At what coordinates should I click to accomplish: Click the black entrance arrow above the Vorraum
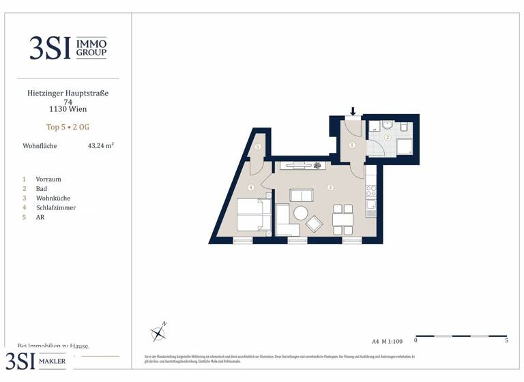pos(353,111)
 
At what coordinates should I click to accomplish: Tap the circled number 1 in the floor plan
pos(352,145)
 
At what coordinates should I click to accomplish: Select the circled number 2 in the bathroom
pos(387,138)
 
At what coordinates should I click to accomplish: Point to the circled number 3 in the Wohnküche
pos(330,187)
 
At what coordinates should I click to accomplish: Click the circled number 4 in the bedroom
pos(251,188)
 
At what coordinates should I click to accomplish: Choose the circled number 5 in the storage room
pos(257,147)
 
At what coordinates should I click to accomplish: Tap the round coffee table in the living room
pos(301,214)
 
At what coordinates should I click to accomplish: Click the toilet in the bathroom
pos(403,128)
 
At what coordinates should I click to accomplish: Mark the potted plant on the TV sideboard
pos(317,165)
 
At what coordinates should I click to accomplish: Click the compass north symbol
pos(159,332)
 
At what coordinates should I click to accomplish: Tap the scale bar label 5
pos(506,340)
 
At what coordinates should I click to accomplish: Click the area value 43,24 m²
pos(100,146)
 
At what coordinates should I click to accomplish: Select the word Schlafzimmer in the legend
pos(56,207)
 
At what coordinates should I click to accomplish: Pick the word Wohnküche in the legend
pos(53,198)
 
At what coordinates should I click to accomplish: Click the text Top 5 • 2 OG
pos(68,127)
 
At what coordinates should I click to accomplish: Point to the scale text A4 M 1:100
pos(388,340)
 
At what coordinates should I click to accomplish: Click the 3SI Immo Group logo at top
pos(68,47)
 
